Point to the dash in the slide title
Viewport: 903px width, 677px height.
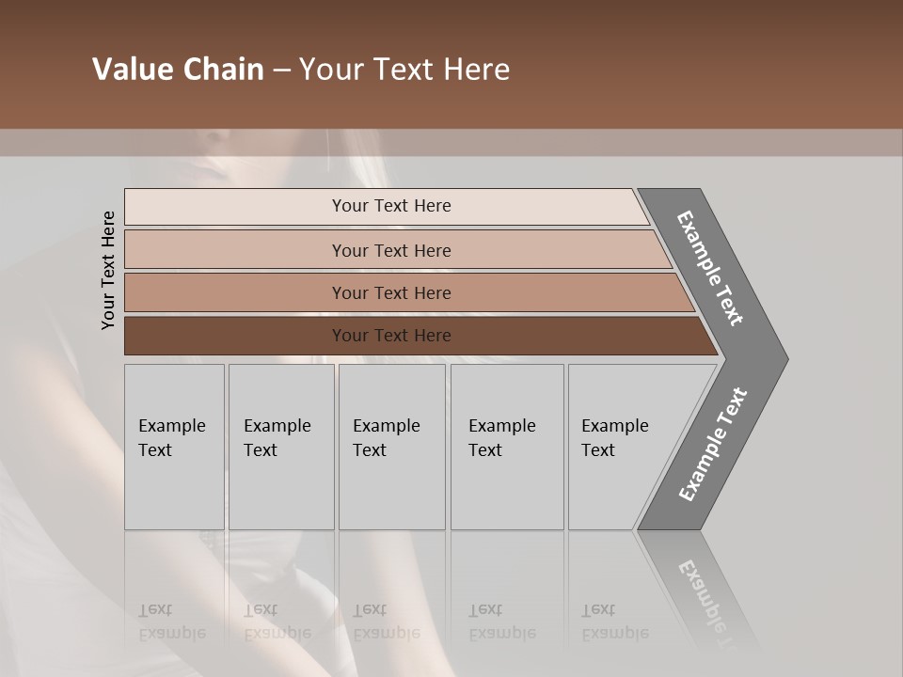(x=281, y=71)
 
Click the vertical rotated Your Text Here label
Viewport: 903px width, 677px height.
(x=109, y=270)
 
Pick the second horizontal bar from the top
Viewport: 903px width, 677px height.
(x=390, y=250)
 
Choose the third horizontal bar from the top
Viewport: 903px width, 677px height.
(x=390, y=292)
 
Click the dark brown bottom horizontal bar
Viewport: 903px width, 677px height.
(x=390, y=336)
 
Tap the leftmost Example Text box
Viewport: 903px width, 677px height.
(x=174, y=447)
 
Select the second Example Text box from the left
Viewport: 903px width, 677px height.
(x=281, y=447)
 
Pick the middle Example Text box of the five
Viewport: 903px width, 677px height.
(x=391, y=447)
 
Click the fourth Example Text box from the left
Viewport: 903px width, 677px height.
(x=507, y=447)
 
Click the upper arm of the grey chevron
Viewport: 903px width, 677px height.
(x=710, y=268)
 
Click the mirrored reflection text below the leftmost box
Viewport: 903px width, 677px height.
(x=171, y=622)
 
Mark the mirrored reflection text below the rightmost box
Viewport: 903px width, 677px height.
(x=614, y=622)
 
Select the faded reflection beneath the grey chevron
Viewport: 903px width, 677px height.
(x=705, y=592)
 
